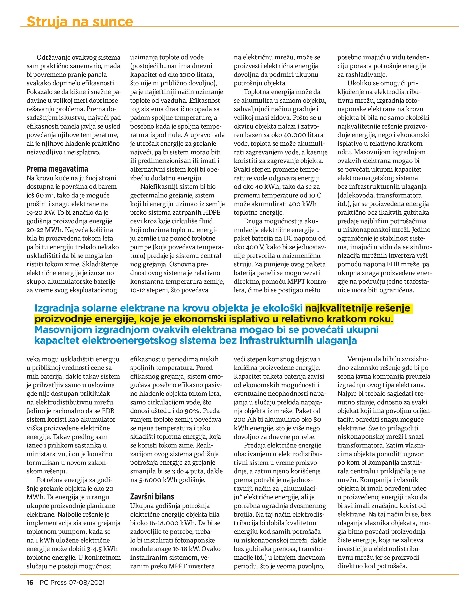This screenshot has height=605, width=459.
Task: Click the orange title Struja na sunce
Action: pos(80,21)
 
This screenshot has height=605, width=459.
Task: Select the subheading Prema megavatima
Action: pos(57,169)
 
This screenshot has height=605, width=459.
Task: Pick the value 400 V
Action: pos(249,247)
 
